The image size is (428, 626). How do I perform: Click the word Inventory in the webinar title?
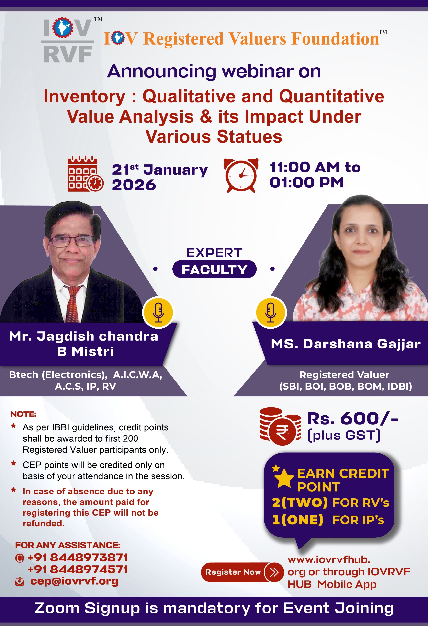pyautogui.click(x=84, y=96)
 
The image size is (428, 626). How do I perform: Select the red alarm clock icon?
pyautogui.click(x=241, y=175)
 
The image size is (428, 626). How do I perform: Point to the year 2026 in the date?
pyautogui.click(x=134, y=185)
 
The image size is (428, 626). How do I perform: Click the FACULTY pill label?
pyautogui.click(x=214, y=269)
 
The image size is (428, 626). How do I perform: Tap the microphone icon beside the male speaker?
pyautogui.click(x=158, y=312)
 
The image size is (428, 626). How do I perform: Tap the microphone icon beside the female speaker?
pyautogui.click(x=271, y=312)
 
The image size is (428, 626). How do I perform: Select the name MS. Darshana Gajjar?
pyautogui.click(x=346, y=344)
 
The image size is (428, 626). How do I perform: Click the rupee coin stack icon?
pyautogui.click(x=280, y=426)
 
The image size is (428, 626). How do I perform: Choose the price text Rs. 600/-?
pyautogui.click(x=353, y=419)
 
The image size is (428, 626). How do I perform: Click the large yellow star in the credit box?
pyautogui.click(x=284, y=478)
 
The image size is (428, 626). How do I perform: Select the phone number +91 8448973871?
pyautogui.click(x=78, y=557)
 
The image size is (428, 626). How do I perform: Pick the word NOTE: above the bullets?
pyautogui.click(x=23, y=414)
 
